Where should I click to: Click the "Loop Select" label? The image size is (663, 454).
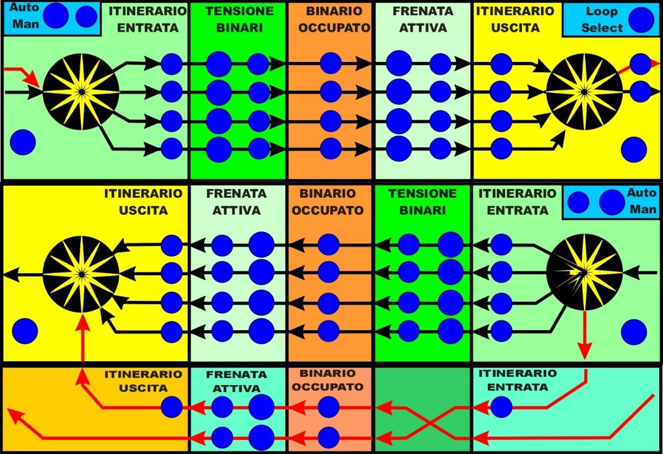tap(602, 20)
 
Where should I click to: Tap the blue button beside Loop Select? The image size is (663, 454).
tap(641, 19)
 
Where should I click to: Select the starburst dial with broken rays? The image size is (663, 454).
tap(584, 272)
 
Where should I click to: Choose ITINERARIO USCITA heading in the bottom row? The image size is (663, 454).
tap(143, 381)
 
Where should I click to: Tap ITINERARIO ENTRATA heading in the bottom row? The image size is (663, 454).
tap(518, 380)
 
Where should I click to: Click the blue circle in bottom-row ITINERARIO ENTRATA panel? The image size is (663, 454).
tap(500, 407)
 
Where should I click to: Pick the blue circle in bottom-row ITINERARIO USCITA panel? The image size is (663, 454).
tap(172, 407)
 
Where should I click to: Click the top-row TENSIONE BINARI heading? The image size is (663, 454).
tap(237, 19)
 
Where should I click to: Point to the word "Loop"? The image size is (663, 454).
tap(602, 11)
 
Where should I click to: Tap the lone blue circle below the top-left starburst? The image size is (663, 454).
tap(23, 142)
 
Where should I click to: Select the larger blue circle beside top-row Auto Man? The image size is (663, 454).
tap(56, 16)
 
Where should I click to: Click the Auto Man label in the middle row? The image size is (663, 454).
tap(641, 200)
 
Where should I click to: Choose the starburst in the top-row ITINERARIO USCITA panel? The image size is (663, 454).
tap(584, 91)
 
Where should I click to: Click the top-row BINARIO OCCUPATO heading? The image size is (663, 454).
tap(330, 19)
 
